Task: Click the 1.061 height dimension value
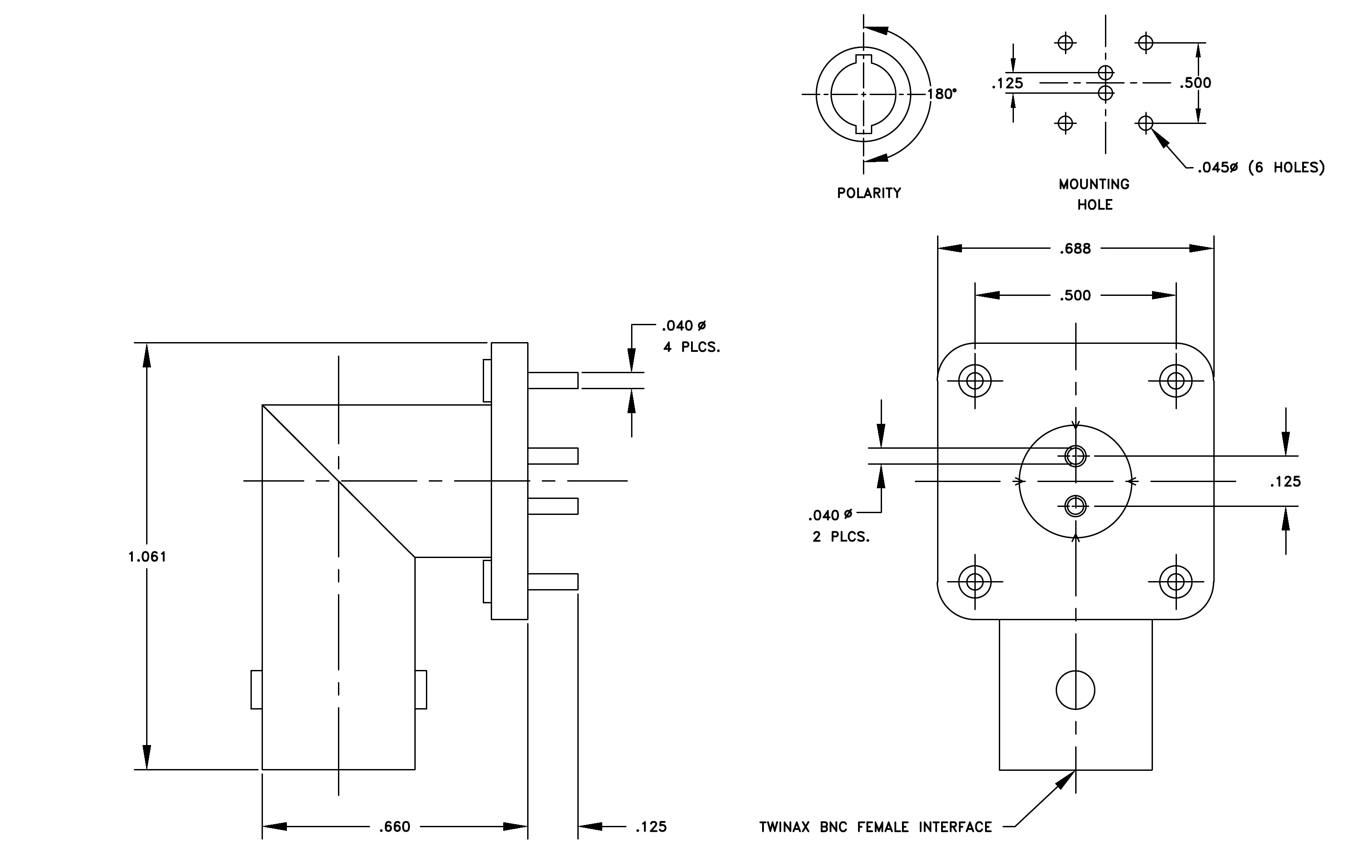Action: click(147, 557)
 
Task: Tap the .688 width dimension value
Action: click(1076, 248)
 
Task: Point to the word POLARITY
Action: click(869, 193)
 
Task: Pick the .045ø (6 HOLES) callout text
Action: click(1261, 167)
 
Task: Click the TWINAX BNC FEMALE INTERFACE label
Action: click(876, 827)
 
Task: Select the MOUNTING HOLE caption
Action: click(1094, 194)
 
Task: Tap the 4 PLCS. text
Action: click(691, 347)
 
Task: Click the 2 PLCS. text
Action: click(841, 537)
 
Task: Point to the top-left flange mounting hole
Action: click(975, 380)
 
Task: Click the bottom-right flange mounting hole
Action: click(1176, 582)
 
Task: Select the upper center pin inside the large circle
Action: click(1076, 456)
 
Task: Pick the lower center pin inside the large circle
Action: click(1076, 506)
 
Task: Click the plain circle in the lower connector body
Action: click(1076, 690)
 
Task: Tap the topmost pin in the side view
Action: click(553, 380)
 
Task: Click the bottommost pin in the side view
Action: click(553, 582)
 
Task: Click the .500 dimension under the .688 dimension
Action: click(1076, 295)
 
